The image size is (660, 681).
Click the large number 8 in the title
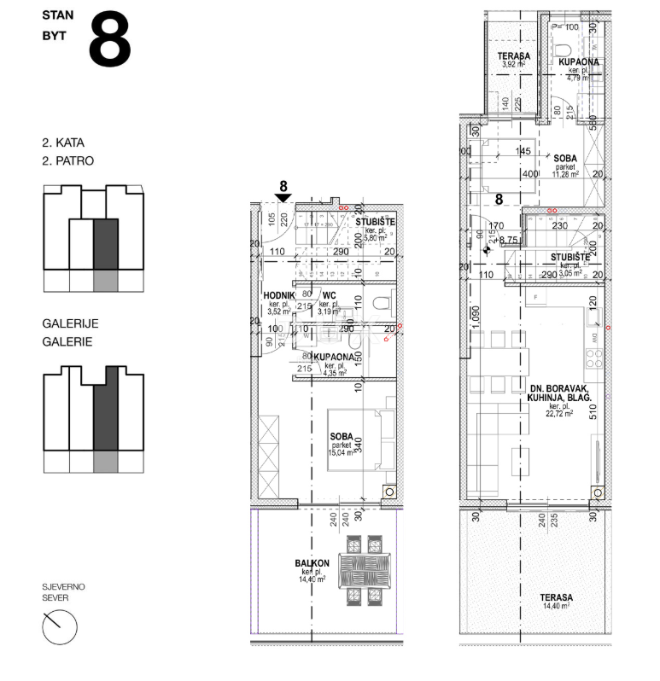click(109, 39)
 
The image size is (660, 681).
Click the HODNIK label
click(278, 295)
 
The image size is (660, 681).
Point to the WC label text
click(327, 295)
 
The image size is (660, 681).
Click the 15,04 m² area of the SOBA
click(342, 452)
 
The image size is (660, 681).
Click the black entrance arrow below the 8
click(283, 197)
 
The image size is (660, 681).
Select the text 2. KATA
click(62, 143)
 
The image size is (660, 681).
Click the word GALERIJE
click(71, 323)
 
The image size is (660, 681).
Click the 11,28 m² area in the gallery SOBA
click(565, 175)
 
